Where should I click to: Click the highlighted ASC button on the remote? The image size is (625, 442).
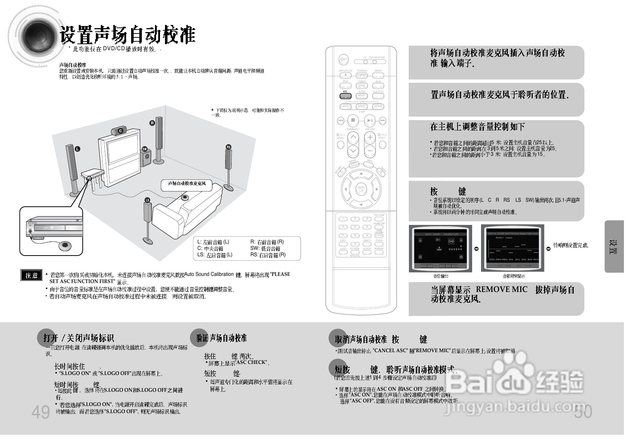tap(345, 96)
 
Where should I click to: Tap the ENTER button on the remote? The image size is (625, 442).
tap(361, 189)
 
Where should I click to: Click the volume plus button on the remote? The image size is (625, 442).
tap(370, 137)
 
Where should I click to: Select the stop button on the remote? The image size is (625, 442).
tap(353, 120)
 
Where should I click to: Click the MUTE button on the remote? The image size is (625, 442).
tap(382, 171)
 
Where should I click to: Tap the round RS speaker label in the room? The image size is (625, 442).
tap(228, 147)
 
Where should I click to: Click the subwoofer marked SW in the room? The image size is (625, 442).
tap(146, 158)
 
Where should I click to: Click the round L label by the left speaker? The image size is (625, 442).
tap(77, 149)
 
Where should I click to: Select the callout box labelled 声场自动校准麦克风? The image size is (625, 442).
tap(187, 184)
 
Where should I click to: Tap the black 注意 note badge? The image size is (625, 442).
tap(31, 275)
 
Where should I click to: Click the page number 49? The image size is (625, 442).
tap(41, 412)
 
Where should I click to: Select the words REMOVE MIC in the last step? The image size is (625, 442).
tap(501, 289)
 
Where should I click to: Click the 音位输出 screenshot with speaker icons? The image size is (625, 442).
tap(440, 248)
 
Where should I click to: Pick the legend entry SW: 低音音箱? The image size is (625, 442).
tap(265, 248)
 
